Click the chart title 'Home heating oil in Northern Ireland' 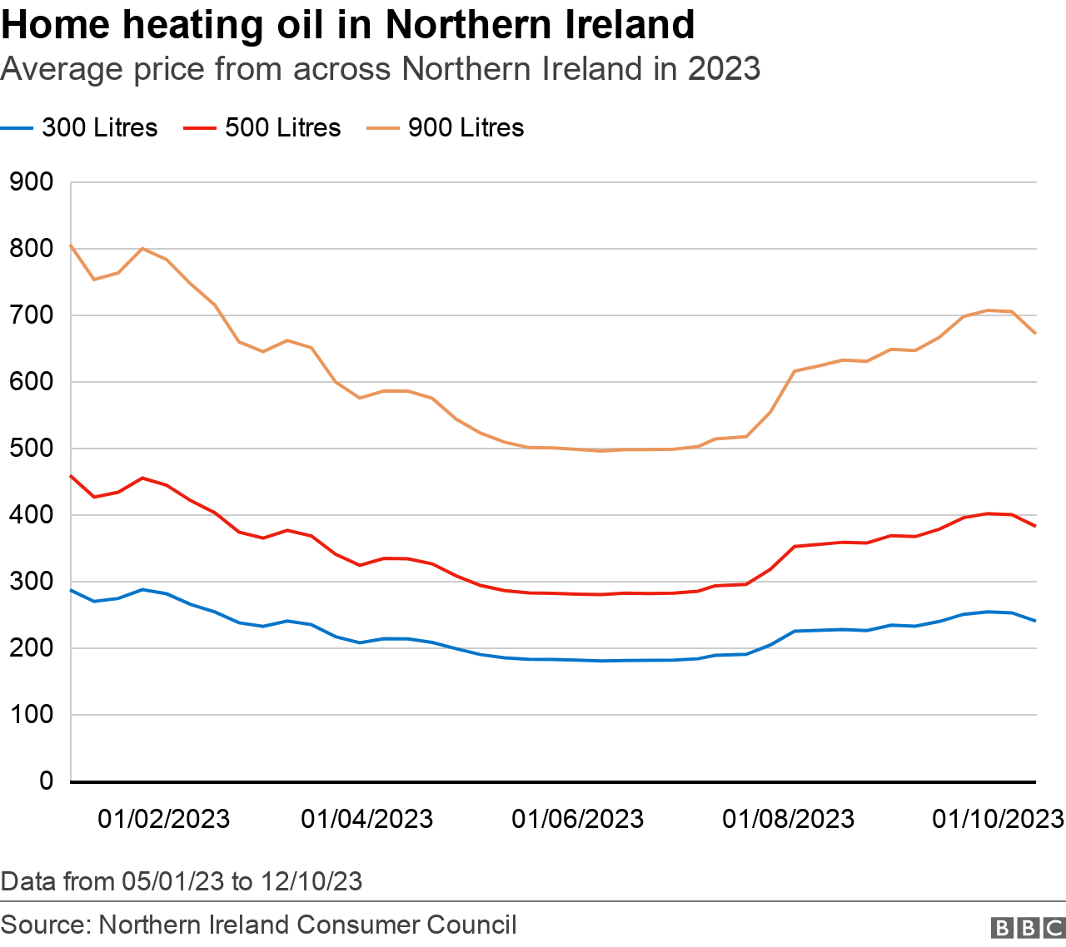347,25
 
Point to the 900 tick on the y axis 31,182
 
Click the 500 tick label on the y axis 31,449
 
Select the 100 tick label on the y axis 31,715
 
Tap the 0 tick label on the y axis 46,781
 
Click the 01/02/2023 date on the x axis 163,819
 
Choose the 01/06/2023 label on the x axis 577,819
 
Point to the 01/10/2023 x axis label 998,819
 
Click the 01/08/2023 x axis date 788,819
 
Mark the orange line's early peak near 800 142,248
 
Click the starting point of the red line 71,476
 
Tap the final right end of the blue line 1035,621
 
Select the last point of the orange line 1035,334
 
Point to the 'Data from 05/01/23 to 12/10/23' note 182,881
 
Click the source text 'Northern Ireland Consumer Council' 307,925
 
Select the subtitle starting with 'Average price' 380,68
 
